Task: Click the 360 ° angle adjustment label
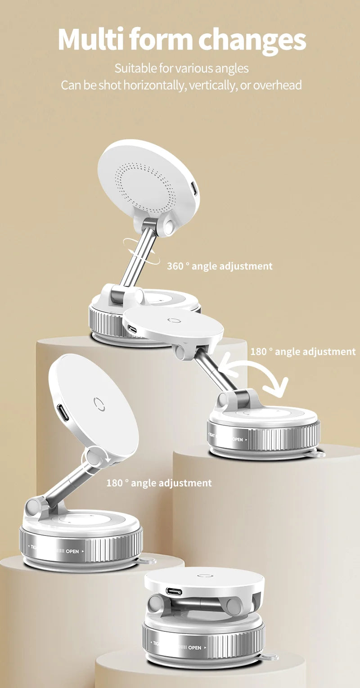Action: click(220, 266)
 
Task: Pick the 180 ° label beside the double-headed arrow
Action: click(302, 351)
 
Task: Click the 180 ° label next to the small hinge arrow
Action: click(158, 483)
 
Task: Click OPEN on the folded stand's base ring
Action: click(194, 648)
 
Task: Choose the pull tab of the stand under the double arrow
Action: click(319, 454)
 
